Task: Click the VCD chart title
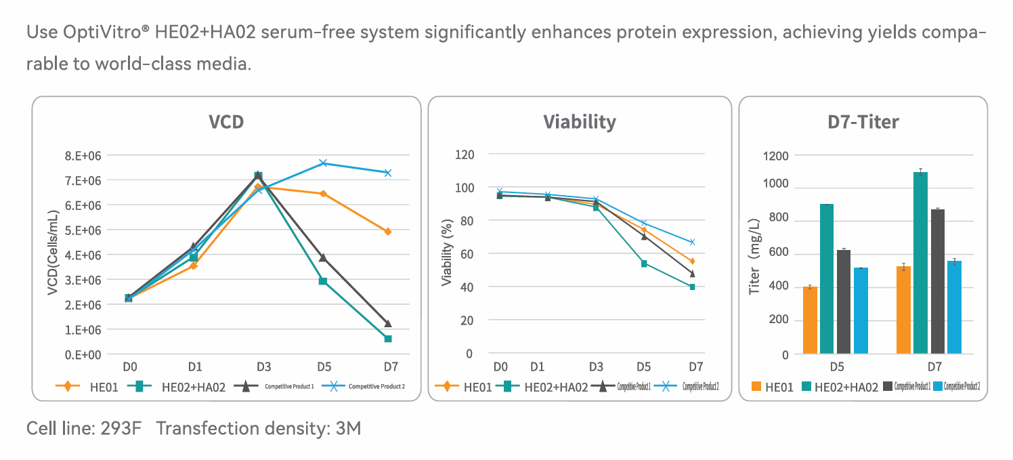pos(226,123)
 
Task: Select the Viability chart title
pos(580,123)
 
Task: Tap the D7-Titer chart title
pos(863,123)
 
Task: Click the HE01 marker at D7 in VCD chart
pos(388,232)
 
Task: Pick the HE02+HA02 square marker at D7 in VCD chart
pos(388,339)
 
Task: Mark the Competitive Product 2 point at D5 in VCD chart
pos(324,163)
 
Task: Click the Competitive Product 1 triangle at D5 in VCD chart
pos(324,258)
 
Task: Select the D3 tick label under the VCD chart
pos(263,367)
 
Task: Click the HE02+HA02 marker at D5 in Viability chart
pos(645,264)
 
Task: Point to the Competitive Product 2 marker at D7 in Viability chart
pos(692,242)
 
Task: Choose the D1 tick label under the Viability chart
pos(537,367)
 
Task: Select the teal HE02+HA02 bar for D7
pos(920,263)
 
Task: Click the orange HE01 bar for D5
pos(810,320)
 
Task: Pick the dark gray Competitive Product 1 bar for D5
pos(844,302)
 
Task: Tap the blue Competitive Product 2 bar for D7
pos(954,307)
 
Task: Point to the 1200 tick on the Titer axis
pos(776,156)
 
